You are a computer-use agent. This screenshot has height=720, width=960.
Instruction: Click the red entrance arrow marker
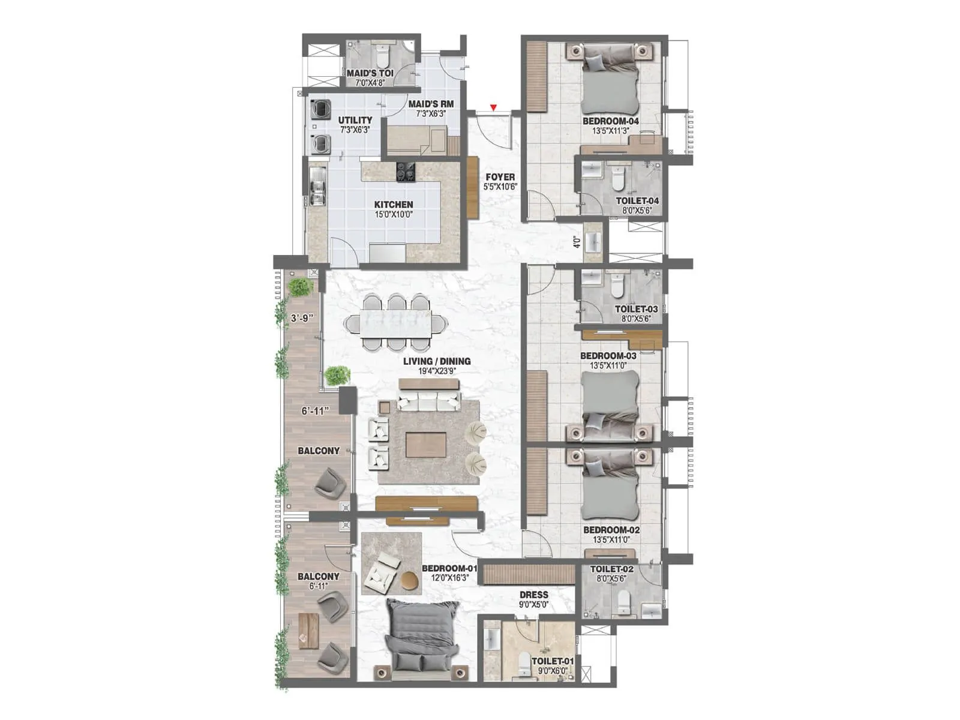493,108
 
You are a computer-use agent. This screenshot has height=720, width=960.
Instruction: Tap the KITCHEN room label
394,205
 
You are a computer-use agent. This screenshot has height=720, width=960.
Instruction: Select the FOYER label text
500,177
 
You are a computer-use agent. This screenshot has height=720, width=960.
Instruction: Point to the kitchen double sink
318,188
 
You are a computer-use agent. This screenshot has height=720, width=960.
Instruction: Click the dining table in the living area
395,322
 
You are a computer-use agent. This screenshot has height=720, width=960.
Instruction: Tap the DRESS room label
533,595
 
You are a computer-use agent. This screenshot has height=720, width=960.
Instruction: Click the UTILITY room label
355,120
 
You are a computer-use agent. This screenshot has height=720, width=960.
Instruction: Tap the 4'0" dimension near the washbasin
577,242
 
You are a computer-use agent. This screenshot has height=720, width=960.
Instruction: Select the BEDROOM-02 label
611,530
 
